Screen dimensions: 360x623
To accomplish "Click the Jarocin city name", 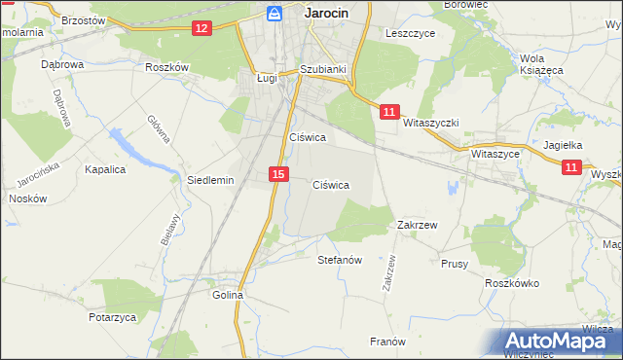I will (x=326, y=13).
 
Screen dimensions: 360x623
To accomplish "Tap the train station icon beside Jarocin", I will (x=275, y=13).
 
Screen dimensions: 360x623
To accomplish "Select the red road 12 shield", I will (x=202, y=28).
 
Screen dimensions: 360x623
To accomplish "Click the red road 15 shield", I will (x=279, y=173).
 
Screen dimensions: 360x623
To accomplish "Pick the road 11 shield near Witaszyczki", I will (x=388, y=112).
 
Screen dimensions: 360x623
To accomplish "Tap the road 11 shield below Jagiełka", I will (x=571, y=167).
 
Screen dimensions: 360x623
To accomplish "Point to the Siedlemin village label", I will (x=209, y=180).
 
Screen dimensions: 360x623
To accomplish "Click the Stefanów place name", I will (x=340, y=261).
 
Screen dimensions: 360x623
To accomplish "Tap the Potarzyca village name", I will (x=110, y=318).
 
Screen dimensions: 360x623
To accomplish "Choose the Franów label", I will (x=386, y=342).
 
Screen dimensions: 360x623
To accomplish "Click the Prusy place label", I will (x=455, y=263).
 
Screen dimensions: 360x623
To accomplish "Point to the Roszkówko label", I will (x=512, y=283).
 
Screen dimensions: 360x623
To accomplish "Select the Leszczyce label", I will (x=409, y=32).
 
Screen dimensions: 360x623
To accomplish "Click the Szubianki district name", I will (x=322, y=69).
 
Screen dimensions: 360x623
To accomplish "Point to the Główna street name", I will (x=157, y=127).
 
